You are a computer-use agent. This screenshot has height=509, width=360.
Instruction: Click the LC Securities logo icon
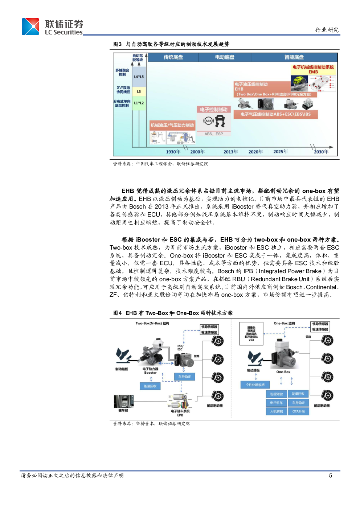30,27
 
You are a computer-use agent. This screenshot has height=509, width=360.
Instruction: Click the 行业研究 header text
327,30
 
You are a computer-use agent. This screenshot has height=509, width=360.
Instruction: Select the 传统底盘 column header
173,57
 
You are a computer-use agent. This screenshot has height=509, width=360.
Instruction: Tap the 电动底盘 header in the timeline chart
225,57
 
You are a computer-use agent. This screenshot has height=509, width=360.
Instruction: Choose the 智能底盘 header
294,57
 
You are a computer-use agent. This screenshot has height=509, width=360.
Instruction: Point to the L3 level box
139,92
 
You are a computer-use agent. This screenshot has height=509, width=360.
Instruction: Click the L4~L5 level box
139,77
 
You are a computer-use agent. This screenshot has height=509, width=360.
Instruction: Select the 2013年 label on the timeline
230,152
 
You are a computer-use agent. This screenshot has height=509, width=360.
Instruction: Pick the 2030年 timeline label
321,152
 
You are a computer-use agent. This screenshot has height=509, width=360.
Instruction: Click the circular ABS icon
208,121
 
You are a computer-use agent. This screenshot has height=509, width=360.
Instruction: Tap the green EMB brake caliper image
300,82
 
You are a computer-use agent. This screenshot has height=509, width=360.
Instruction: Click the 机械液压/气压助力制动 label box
172,125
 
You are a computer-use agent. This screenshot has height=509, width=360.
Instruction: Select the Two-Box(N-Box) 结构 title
152,323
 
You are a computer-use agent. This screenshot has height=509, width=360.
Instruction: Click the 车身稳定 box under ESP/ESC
184,377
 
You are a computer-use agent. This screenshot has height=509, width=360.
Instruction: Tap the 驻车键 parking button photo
123,402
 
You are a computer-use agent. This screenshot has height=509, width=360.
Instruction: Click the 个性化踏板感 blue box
255,385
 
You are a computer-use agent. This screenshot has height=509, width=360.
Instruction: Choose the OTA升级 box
299,411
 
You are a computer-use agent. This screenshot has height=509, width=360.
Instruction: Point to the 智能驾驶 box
276,394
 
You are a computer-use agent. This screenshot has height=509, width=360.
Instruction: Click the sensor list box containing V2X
251,333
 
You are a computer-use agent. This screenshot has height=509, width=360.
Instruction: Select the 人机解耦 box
276,411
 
